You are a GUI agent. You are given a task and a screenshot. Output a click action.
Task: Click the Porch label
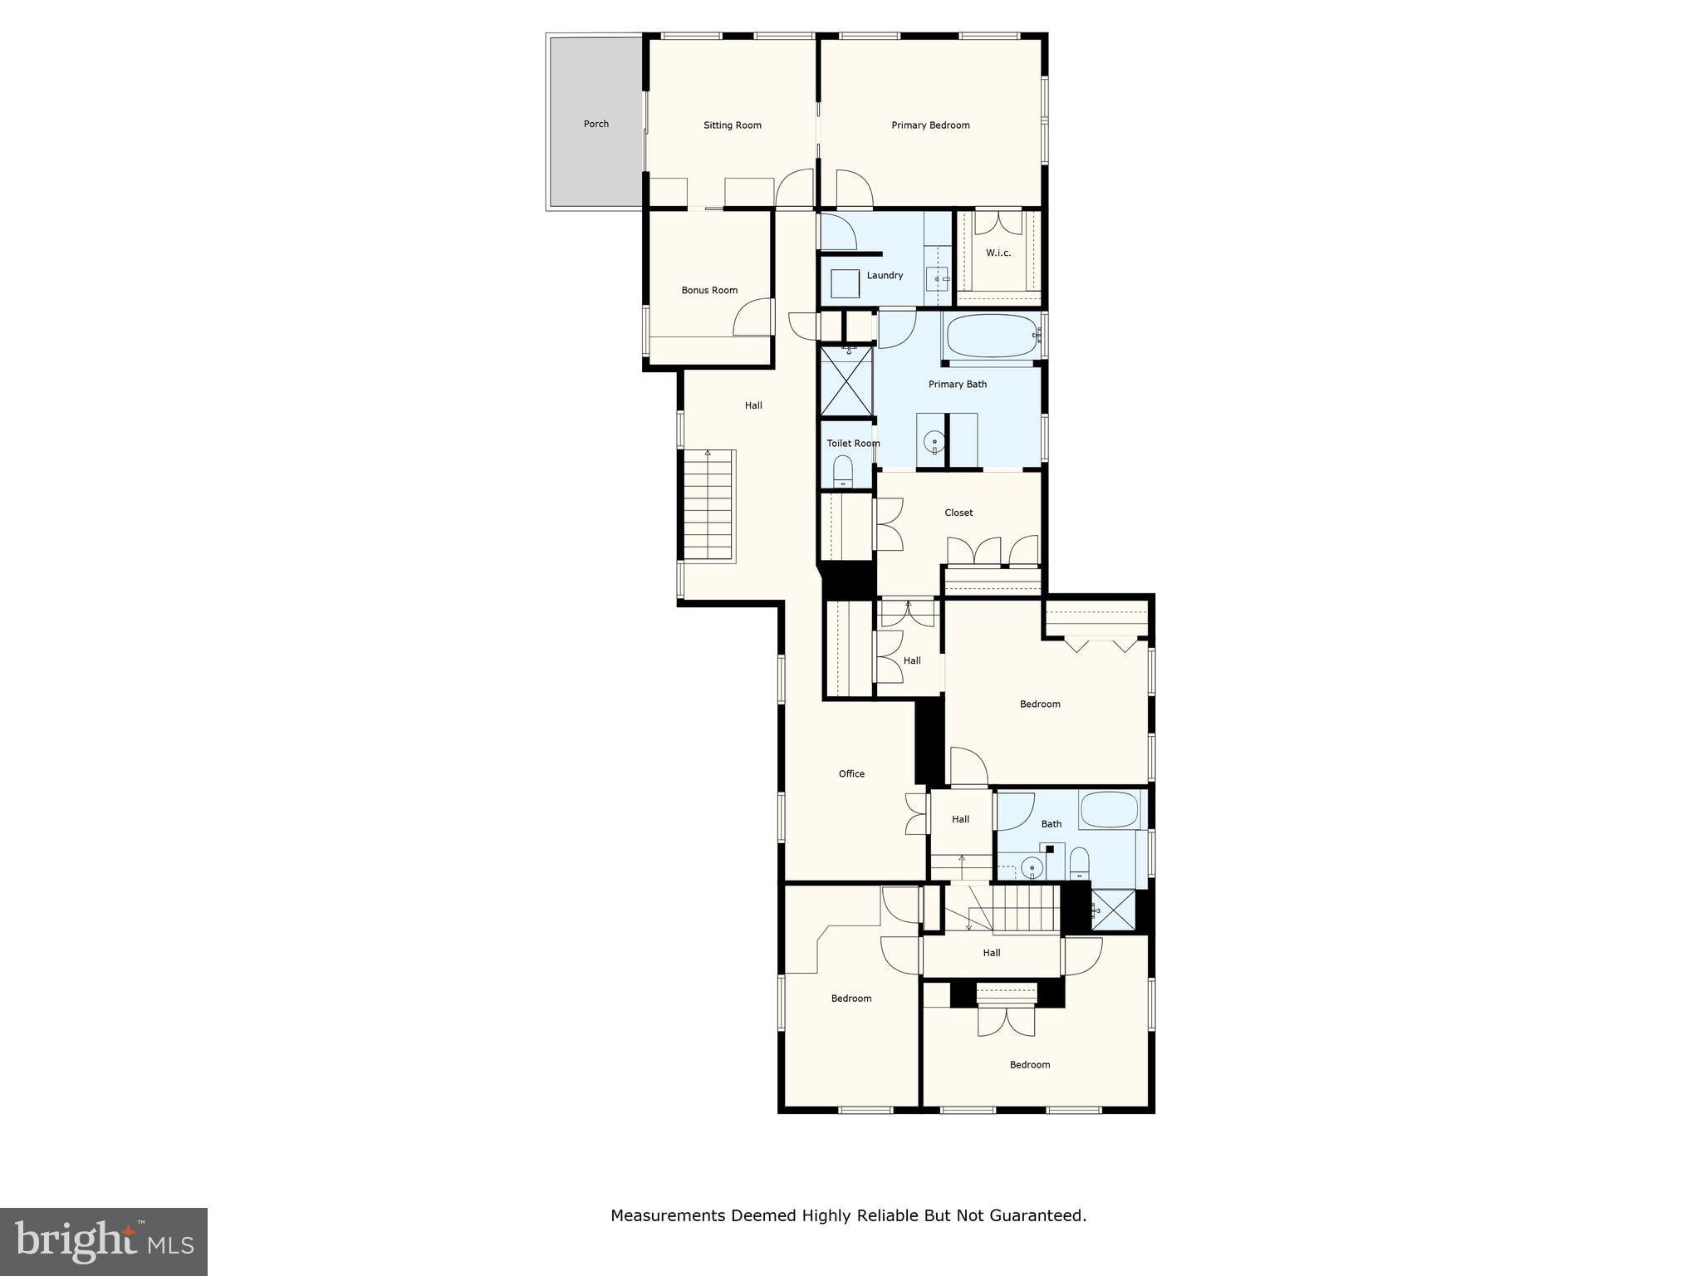click(x=596, y=124)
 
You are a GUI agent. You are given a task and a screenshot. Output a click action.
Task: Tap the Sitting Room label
click(x=732, y=125)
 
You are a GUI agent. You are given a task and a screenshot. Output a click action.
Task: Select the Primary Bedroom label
click(x=930, y=125)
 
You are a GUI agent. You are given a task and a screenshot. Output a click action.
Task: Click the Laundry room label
click(x=885, y=275)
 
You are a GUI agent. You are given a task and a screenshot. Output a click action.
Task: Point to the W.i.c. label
click(x=998, y=253)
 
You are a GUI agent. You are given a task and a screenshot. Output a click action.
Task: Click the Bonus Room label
click(x=709, y=290)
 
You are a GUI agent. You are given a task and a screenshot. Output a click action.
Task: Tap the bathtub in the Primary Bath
click(x=992, y=336)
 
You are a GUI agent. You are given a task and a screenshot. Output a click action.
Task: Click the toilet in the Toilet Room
click(x=843, y=471)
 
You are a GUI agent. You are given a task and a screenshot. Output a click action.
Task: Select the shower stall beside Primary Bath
click(x=846, y=381)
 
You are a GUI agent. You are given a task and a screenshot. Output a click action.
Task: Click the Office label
click(x=851, y=773)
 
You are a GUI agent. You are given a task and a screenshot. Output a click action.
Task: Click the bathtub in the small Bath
click(x=1109, y=810)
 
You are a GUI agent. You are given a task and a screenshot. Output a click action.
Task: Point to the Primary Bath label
click(x=958, y=384)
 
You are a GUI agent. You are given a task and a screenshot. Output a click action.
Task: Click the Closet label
click(x=958, y=513)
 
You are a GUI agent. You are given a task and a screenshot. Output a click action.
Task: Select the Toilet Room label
click(x=853, y=443)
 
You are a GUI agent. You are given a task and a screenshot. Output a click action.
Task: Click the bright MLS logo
click(x=104, y=1242)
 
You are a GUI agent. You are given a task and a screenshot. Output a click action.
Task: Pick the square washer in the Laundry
click(x=846, y=284)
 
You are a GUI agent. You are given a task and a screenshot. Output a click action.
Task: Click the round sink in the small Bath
click(x=1032, y=868)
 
